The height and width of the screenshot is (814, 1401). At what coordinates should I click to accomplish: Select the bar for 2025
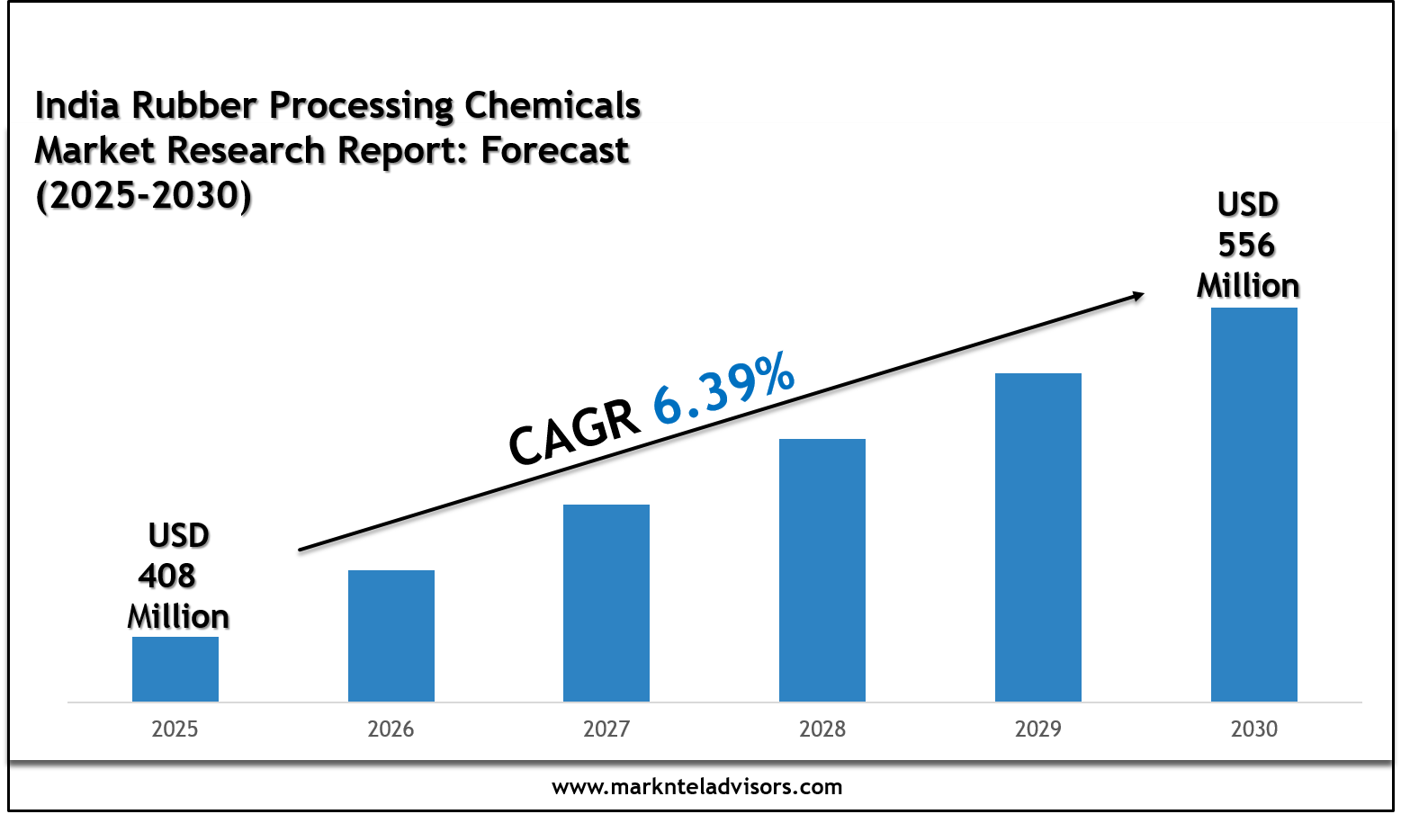point(175,669)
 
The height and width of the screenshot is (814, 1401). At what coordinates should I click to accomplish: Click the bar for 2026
point(391,636)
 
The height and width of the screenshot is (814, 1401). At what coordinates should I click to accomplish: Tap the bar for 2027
point(606,603)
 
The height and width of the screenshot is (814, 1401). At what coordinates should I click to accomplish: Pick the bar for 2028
point(822,570)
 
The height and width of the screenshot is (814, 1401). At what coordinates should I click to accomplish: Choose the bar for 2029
point(1037,537)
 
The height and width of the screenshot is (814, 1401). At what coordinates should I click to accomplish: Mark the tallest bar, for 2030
point(1253,505)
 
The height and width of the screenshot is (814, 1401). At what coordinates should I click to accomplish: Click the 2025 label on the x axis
point(175,729)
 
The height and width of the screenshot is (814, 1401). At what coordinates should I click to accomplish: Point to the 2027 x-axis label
point(606,729)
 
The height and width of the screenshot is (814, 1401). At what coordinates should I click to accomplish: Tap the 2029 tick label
point(1037,729)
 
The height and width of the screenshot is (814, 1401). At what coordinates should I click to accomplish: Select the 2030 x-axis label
point(1253,729)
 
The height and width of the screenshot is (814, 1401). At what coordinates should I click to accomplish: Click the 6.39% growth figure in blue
point(723,389)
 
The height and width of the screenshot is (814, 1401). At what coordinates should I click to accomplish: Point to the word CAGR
point(574,434)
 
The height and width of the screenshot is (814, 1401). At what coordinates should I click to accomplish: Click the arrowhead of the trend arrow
point(1137,295)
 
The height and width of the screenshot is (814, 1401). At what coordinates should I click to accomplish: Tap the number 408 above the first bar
point(167,576)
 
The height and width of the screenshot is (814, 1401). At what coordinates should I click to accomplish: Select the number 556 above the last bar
point(1246,245)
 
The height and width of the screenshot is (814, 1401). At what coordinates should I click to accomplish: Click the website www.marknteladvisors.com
point(696,787)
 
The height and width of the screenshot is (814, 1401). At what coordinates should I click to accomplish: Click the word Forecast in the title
point(555,150)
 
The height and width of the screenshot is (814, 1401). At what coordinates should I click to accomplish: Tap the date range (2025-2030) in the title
point(143,195)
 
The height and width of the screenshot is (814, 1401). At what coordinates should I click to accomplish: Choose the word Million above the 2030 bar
point(1247,286)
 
